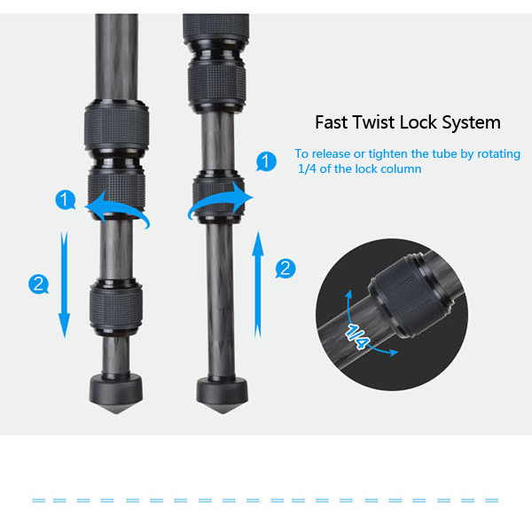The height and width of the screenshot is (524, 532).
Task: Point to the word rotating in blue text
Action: click(x=498, y=154)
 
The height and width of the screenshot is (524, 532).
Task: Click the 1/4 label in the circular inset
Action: click(x=356, y=336)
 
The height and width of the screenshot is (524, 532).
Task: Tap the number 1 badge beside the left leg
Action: click(x=65, y=199)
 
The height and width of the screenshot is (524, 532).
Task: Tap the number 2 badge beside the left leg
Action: click(x=38, y=284)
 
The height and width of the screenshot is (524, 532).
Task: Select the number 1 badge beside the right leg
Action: click(x=266, y=161)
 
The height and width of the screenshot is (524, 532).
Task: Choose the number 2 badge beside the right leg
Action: click(x=286, y=269)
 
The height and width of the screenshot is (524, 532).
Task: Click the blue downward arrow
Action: click(x=64, y=285)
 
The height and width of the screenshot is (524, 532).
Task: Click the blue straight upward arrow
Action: click(x=258, y=285)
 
